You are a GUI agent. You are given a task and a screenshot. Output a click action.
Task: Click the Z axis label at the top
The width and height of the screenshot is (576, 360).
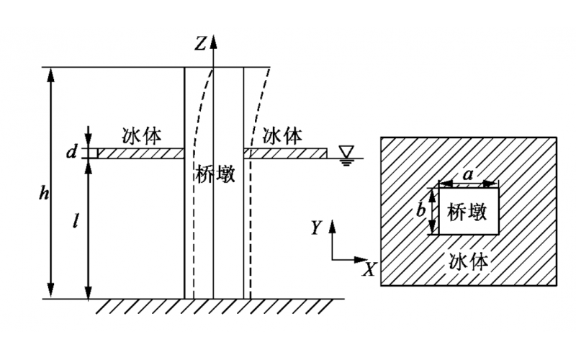tap(201, 43)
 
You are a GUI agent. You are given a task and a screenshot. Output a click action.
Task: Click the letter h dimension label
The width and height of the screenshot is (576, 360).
tap(44, 193)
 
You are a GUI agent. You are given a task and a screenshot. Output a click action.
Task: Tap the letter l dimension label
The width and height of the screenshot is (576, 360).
tap(76, 221)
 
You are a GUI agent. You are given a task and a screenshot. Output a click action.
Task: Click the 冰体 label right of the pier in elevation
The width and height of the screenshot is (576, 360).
tap(282, 135)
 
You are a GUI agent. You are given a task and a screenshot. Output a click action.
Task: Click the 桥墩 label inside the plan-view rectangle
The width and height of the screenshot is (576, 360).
tap(468, 212)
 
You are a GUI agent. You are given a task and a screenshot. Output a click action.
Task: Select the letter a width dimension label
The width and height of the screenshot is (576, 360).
tap(468, 174)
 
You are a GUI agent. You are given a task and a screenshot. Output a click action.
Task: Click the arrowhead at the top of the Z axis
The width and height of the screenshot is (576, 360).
tap(214, 37)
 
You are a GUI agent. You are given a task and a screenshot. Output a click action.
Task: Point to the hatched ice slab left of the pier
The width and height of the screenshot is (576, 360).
tap(141, 153)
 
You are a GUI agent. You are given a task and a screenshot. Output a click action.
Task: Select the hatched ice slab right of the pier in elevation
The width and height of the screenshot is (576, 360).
tap(286, 153)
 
